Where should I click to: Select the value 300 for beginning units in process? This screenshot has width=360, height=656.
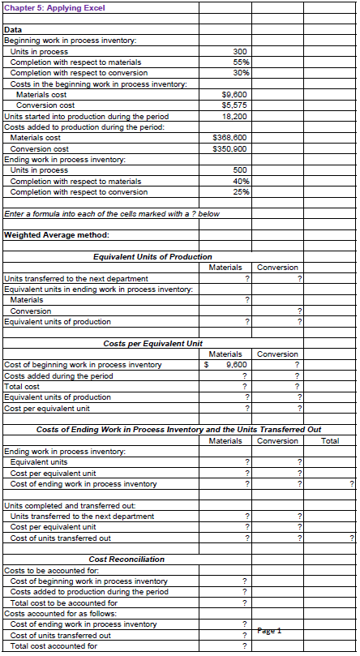coord(239,51)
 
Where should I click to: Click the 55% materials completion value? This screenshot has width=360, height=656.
coord(239,62)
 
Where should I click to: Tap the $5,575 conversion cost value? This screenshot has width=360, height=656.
coord(234,105)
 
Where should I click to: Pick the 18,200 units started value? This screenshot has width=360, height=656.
coord(235,116)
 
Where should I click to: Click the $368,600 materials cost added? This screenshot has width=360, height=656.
coord(231,138)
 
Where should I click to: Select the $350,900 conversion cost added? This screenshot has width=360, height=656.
coord(231,148)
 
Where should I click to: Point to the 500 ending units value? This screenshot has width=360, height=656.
coord(239,170)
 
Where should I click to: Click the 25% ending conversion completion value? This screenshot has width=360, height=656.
coord(239,191)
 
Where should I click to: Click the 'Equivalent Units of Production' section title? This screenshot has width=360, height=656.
coord(152,257)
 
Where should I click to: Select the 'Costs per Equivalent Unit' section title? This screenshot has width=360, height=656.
coord(152,344)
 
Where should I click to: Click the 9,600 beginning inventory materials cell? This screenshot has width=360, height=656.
coord(236,365)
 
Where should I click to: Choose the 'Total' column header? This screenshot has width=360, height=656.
coord(330,441)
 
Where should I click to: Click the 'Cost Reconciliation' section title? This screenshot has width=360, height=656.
coord(126,560)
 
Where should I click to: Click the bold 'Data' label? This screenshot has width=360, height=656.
coord(14,29)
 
